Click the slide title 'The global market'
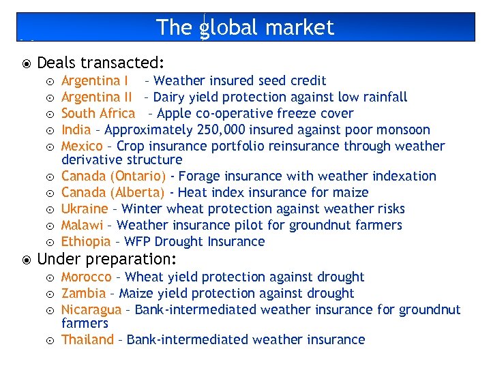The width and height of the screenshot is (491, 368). pos(245,27)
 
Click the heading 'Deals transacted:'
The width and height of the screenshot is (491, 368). pos(100,63)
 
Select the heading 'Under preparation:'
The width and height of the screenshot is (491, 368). pos(106,259)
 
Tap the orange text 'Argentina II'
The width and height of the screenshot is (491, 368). pos(96,97)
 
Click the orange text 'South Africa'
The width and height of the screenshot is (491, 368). pos(98,113)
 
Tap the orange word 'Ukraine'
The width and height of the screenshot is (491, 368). pos(85,209)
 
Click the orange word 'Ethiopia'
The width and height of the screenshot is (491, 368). pos(86,241)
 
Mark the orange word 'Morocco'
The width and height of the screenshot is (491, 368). pos(87,277)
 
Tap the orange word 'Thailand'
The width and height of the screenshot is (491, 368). pos(88,339)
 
